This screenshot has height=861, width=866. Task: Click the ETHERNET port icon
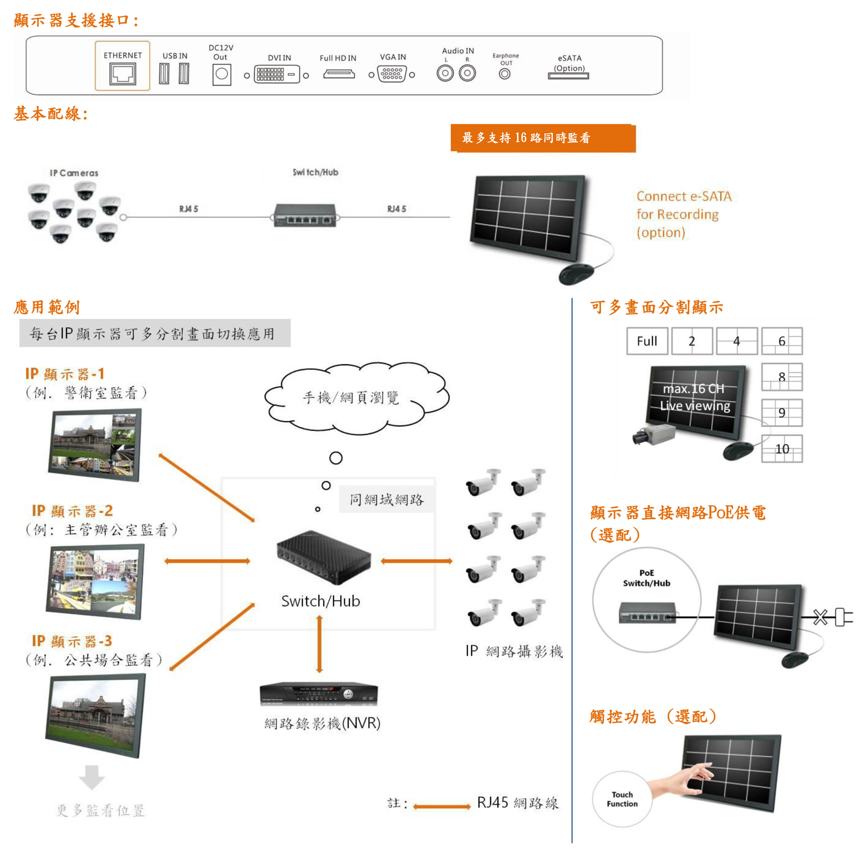122,74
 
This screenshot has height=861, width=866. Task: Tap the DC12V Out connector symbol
221,74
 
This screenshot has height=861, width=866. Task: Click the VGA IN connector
392,74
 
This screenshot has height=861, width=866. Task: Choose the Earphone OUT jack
505,74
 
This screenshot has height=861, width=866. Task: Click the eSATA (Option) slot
568,76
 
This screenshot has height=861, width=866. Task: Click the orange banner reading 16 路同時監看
543,138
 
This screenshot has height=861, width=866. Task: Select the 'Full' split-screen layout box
647,341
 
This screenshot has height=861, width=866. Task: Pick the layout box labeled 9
782,413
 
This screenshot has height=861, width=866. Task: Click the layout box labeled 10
782,448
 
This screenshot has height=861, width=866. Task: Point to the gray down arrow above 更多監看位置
92,777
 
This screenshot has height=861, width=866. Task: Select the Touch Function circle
622,799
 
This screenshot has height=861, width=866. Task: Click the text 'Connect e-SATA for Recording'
683,206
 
